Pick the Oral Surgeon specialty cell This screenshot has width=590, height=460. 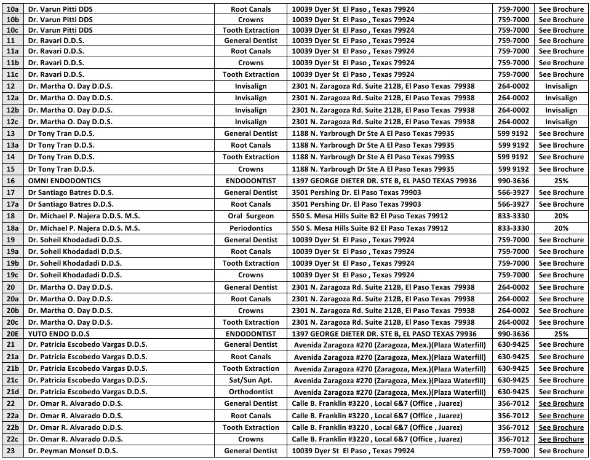250,216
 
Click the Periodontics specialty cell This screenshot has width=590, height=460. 250,228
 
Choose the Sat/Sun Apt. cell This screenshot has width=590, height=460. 250,380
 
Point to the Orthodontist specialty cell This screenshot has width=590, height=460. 250,392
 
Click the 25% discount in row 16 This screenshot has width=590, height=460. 560,181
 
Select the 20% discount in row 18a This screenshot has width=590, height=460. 560,228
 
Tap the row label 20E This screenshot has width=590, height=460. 12,333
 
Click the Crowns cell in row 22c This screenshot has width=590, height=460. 250,439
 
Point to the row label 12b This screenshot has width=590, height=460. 12,110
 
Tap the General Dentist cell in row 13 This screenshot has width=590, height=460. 250,133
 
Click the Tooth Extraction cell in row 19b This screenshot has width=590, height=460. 250,263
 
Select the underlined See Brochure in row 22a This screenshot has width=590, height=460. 560,416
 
